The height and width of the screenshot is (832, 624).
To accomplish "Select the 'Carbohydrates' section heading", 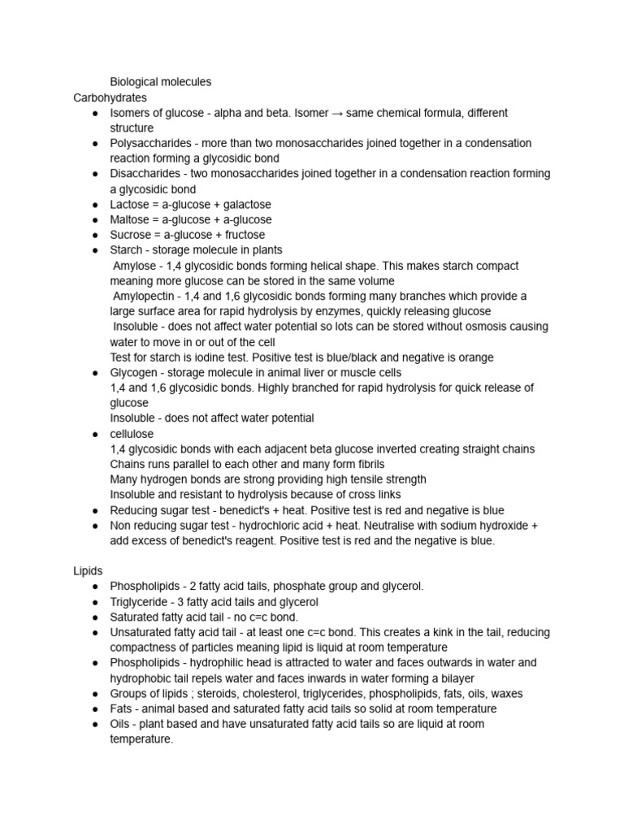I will tap(110, 97).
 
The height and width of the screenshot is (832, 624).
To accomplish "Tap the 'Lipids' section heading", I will tap(89, 571).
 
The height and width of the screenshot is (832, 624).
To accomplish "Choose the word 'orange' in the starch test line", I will tap(477, 357).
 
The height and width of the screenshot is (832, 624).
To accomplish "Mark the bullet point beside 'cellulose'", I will tap(95, 434).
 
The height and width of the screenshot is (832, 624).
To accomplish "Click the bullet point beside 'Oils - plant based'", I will tap(95, 725).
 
